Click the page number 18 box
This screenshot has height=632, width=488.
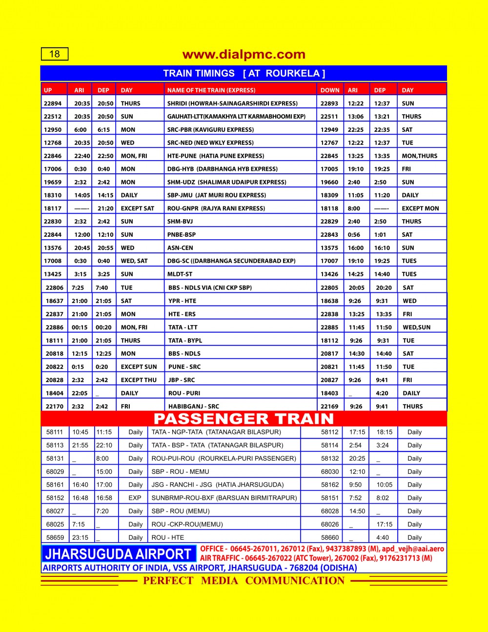55,54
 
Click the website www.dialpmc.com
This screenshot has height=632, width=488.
244,54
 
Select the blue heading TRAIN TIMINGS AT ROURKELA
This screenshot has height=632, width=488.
244,74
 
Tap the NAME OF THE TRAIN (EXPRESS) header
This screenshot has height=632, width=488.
211,90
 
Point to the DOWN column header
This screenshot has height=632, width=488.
330,90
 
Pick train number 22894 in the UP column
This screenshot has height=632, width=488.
53,103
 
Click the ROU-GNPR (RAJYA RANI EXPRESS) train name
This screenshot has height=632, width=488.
216,208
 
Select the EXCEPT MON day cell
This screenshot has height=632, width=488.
420,208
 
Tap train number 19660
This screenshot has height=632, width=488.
329,182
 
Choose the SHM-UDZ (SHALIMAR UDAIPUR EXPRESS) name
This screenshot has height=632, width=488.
227,182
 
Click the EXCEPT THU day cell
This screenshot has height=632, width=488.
139,380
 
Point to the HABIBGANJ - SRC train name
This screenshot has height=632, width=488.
194,407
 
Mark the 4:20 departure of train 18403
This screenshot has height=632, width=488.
382,393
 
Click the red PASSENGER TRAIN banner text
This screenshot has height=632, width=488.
244,419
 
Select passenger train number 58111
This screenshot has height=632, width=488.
55,432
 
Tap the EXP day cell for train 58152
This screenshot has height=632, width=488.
135,498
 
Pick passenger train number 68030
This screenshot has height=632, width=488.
330,472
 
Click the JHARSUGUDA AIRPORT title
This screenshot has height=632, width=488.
118,554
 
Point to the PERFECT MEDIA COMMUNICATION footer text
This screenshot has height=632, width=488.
244,581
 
